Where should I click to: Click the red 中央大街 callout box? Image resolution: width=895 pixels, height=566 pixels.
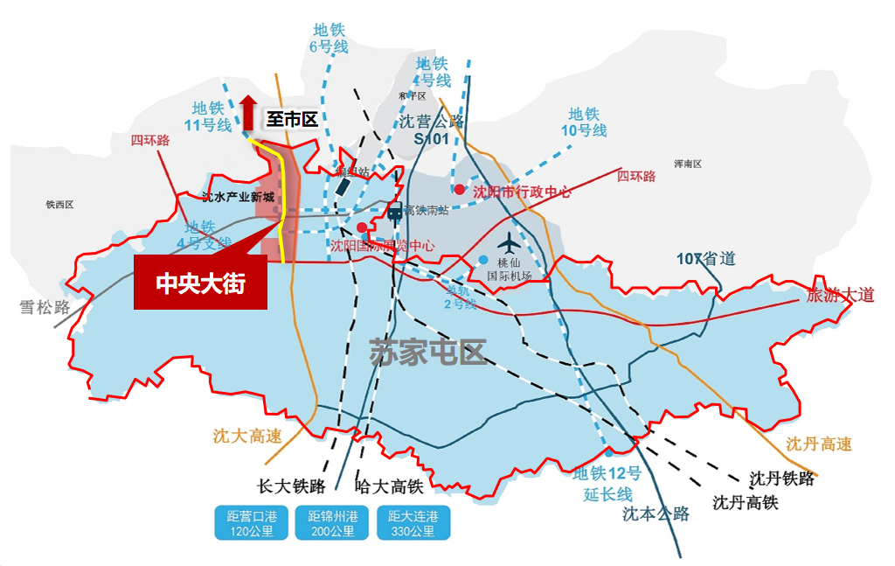200,283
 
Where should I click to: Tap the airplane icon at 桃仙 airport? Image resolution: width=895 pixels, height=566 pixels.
508,241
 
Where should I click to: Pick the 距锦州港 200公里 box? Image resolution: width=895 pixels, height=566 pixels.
331,523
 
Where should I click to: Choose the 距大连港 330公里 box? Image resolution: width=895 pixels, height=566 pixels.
413,523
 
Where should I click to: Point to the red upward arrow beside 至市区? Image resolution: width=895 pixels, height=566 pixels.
247,113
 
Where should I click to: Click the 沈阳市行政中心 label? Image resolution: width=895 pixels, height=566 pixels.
522,192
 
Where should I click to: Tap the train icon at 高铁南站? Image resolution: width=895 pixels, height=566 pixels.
395,211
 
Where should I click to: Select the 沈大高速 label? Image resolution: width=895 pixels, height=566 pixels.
247,436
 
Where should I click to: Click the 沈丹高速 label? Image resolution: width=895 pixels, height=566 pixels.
818,444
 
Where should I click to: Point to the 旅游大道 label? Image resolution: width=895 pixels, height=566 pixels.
841,296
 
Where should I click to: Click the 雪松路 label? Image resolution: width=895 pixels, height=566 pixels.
45,307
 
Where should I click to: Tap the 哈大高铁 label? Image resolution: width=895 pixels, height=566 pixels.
390,486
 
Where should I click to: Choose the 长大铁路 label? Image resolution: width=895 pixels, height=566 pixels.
291,486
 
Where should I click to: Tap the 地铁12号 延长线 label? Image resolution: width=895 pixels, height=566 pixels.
607,484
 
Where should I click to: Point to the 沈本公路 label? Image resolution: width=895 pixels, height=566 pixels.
656,514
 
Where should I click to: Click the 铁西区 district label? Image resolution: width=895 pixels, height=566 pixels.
59,205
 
